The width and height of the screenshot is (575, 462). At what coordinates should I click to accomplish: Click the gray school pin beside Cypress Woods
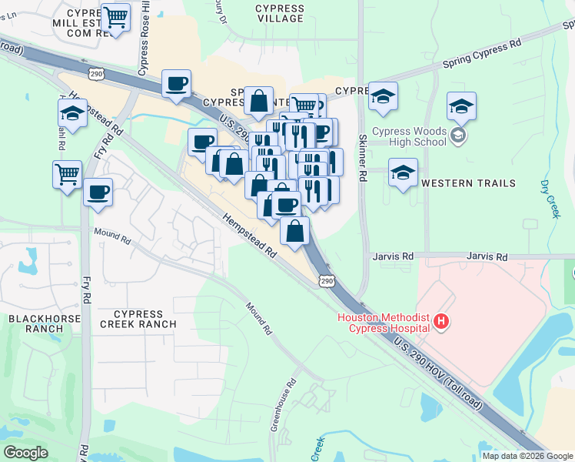tap(459, 136)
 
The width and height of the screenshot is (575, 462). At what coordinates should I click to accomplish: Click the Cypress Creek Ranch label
tap(138, 319)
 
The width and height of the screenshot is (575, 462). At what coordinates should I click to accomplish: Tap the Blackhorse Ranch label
tap(35, 323)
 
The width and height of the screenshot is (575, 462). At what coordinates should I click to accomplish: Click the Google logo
tap(25, 453)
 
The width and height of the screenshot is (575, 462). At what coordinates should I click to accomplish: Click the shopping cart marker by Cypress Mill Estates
tap(115, 17)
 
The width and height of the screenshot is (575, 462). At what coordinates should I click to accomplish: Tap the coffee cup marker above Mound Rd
tap(98, 191)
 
